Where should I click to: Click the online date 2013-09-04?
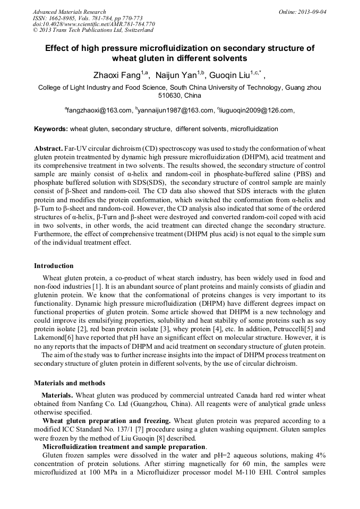pos(313,12)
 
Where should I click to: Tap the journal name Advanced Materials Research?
pos(70,12)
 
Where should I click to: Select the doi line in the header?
pos(94,24)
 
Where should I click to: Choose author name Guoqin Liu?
pos(232,74)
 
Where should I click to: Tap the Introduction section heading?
pos(54,266)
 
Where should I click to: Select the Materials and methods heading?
pos(70,383)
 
